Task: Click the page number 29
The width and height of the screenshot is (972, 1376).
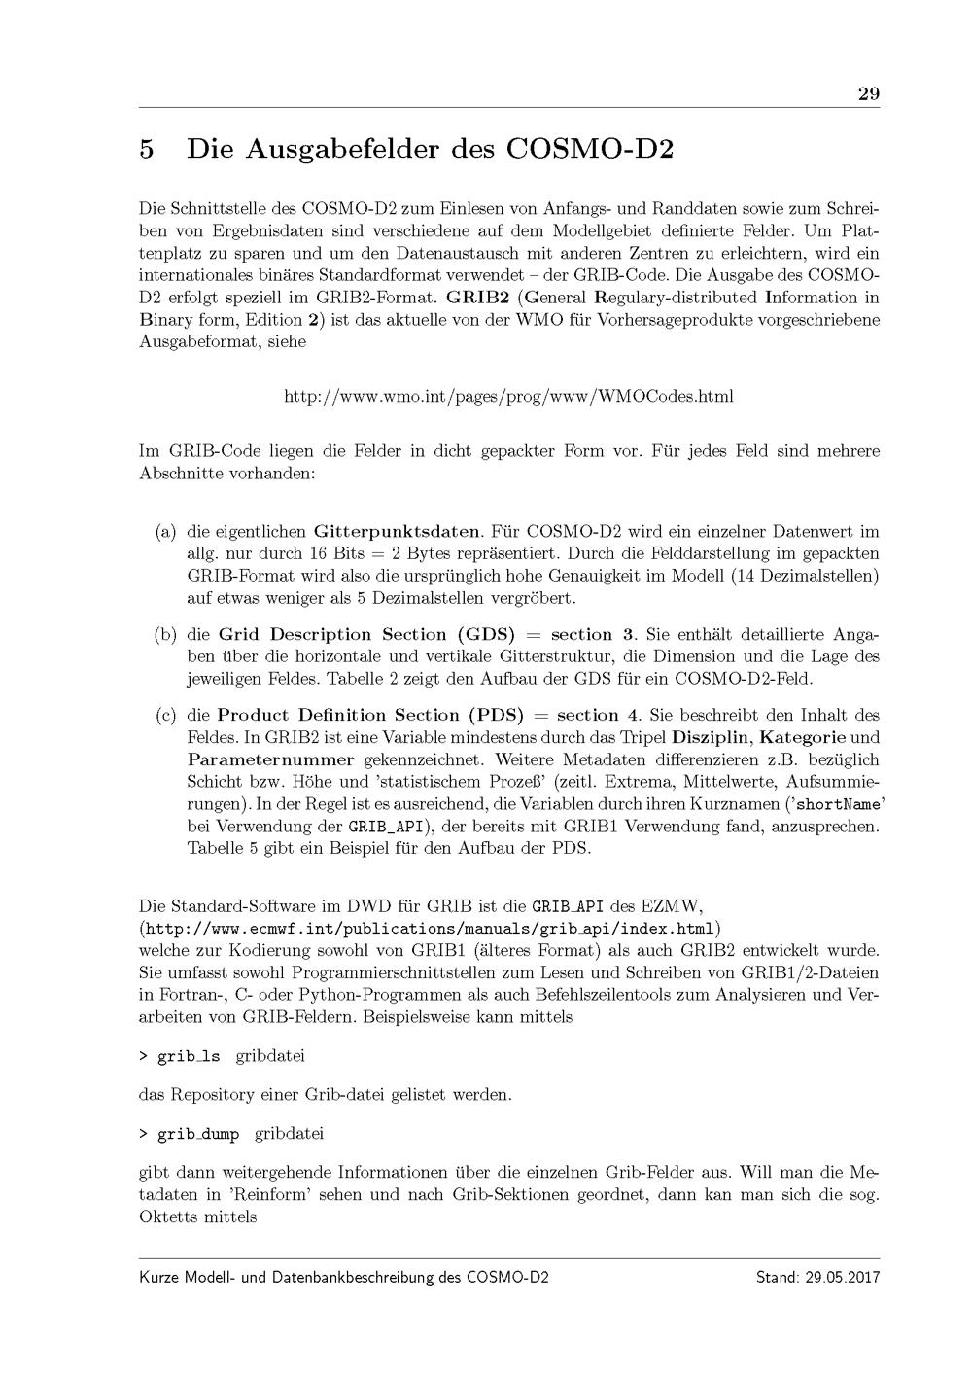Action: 868,94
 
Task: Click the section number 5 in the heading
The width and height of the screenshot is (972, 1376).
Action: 147,150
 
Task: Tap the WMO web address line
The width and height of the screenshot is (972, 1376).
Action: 508,397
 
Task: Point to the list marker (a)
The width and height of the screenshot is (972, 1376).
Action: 166,532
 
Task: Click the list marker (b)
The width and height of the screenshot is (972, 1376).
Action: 166,635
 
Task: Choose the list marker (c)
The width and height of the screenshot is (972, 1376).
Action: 166,716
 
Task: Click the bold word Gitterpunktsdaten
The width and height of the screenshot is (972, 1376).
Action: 398,532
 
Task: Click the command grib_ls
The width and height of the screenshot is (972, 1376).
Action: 188,1056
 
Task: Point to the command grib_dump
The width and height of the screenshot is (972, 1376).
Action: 197,1134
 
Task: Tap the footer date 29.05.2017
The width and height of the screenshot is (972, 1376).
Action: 842,1277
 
